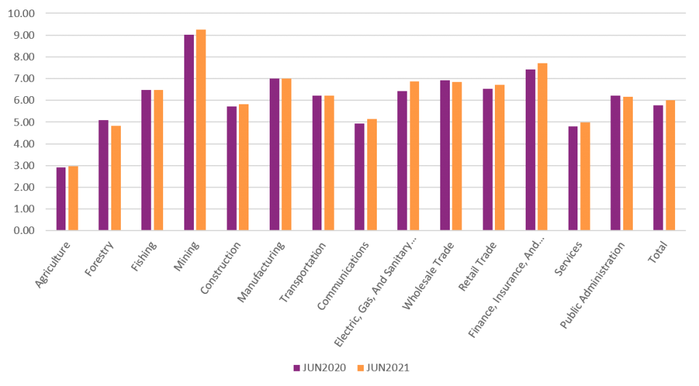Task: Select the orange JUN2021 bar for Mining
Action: (201, 130)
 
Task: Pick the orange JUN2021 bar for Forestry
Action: (116, 178)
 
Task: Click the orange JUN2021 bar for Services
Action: (585, 177)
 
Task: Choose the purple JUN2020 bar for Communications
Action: (360, 177)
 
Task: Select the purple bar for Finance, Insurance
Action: (530, 150)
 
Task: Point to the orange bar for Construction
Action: (244, 167)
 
